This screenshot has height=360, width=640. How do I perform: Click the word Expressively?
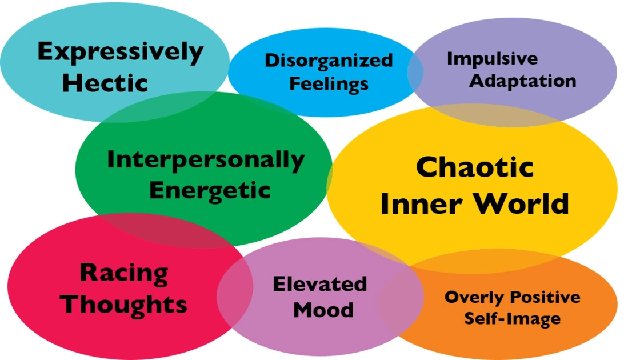[x=120, y=53]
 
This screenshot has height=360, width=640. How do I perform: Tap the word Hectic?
[x=105, y=83]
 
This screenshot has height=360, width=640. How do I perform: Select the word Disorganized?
[x=329, y=60]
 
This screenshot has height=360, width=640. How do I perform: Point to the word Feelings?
[x=329, y=84]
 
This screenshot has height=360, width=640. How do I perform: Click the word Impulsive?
[x=492, y=59]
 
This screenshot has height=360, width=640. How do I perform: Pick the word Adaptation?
[x=522, y=81]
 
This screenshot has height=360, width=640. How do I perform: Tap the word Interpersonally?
[x=205, y=161]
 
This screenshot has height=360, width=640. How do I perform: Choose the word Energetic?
[x=209, y=190]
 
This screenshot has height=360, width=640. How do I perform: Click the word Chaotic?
[x=474, y=168]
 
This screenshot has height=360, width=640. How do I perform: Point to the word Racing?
[x=123, y=273]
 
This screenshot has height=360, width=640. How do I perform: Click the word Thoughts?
[x=124, y=304]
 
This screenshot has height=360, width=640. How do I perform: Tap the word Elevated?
[x=319, y=284]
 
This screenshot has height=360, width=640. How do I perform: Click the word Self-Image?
[x=512, y=318]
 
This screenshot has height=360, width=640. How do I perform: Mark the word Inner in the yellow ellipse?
[x=415, y=203]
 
